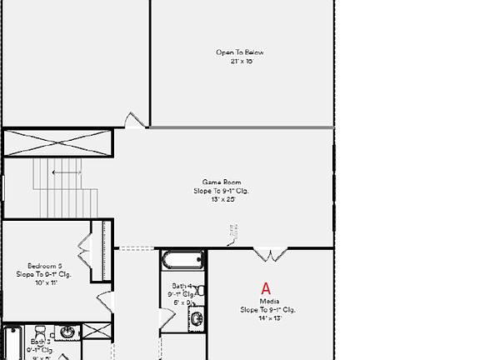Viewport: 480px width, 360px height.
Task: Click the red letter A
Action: (x=267, y=289)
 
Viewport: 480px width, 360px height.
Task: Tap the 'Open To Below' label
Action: (x=240, y=52)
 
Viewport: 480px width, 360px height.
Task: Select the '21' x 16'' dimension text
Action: (x=240, y=61)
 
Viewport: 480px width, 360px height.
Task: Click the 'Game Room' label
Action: (x=221, y=182)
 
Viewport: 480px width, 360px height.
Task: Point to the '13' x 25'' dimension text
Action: (x=222, y=199)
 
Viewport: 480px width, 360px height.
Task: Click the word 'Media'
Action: (x=269, y=301)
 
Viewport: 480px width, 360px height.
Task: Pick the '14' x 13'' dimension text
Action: (x=268, y=317)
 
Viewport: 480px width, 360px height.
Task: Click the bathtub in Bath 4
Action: (x=182, y=259)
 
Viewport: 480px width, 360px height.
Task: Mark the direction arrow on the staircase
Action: (x=67, y=172)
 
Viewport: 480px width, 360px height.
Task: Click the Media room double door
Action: (x=270, y=253)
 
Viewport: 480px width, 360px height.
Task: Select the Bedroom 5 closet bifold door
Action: (x=86, y=246)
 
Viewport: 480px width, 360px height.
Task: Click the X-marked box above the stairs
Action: (x=57, y=143)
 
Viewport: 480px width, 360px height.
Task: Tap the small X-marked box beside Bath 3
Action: (x=98, y=331)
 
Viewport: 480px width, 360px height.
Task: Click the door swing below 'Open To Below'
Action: (x=135, y=121)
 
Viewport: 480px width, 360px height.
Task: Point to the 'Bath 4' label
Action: (x=181, y=286)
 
